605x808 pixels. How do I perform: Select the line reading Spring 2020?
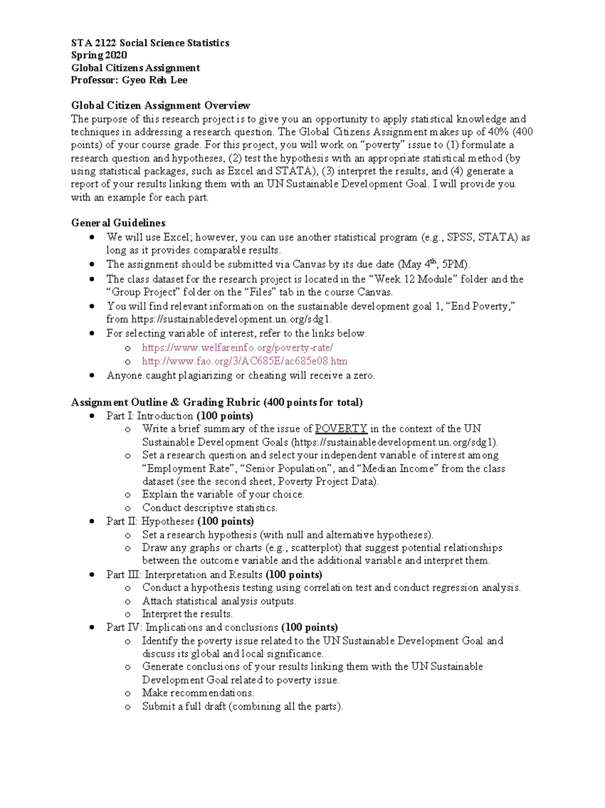point(99,55)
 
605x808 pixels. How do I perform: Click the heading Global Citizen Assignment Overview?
point(160,105)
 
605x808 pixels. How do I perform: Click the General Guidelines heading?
point(118,223)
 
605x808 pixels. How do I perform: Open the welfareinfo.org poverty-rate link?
point(237,348)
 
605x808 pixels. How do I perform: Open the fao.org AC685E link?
point(245,361)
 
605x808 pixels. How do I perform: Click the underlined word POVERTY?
point(341,429)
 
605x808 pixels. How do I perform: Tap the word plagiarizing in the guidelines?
point(200,375)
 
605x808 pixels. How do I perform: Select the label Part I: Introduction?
point(150,416)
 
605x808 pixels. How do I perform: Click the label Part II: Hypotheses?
point(150,522)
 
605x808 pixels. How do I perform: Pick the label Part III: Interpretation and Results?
point(185,575)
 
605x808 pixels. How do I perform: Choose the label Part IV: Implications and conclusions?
point(192,627)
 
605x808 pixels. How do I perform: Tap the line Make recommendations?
point(198,693)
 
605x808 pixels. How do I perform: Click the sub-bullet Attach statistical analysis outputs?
point(219,601)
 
